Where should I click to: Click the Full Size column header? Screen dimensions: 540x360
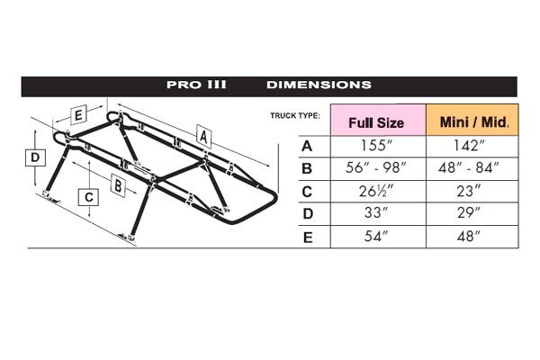point(378,121)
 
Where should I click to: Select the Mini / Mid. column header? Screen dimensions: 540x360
point(472,121)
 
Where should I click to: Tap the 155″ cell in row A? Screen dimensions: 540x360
point(378,147)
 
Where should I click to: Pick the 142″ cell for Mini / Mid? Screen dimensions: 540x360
point(472,147)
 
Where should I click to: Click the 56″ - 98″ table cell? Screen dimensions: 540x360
point(378,169)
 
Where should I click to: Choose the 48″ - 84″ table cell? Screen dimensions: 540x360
point(472,169)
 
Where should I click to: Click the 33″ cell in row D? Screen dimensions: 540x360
point(378,214)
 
